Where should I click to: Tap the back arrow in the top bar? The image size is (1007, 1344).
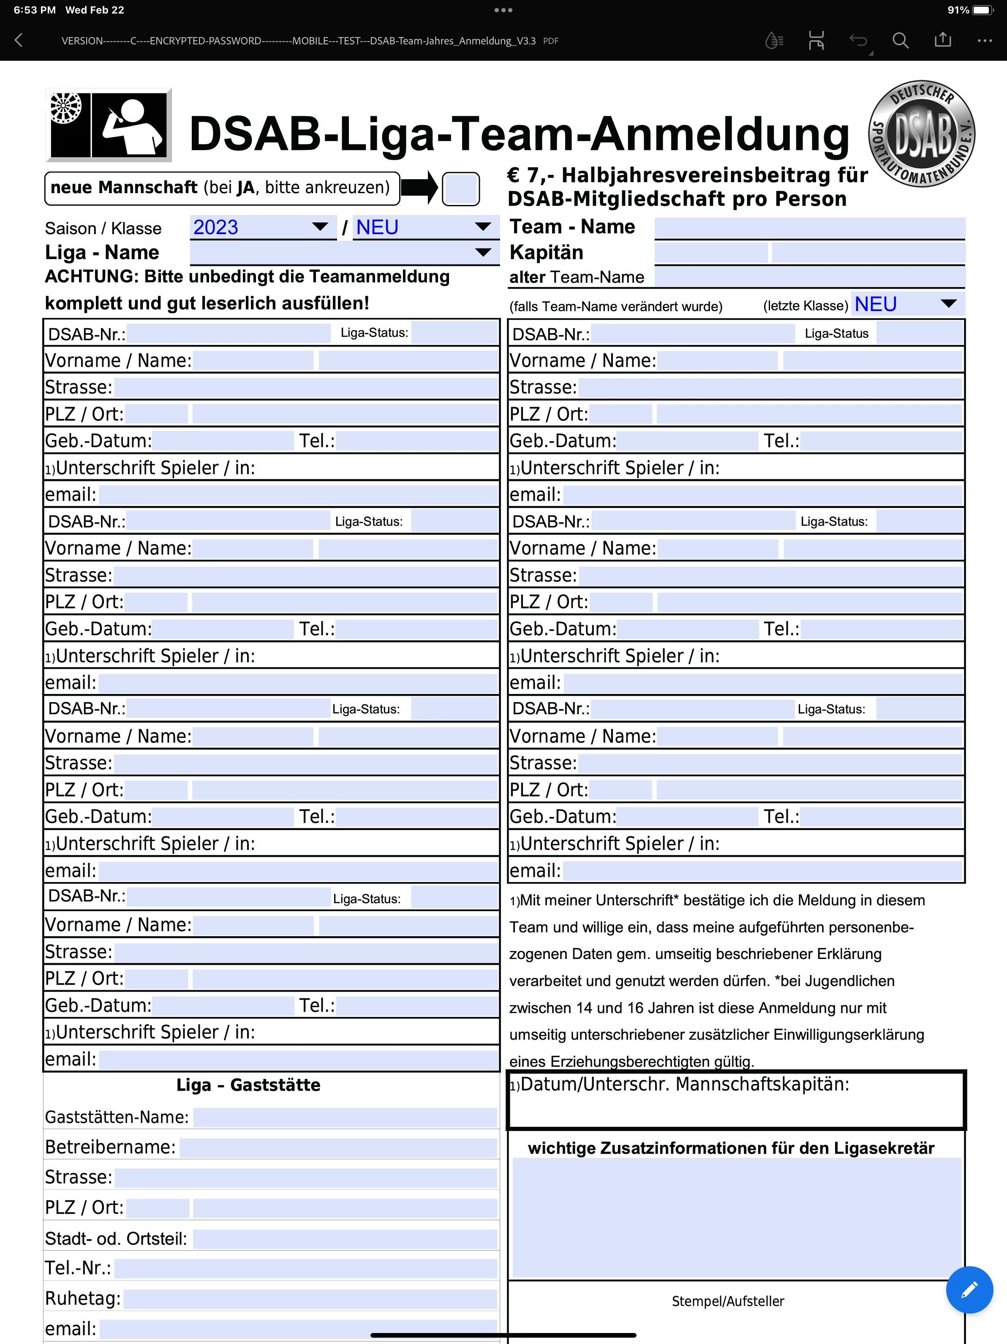click(19, 41)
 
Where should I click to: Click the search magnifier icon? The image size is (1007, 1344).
click(900, 41)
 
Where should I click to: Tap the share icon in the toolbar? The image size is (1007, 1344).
click(943, 41)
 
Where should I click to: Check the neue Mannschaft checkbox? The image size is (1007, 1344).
click(460, 188)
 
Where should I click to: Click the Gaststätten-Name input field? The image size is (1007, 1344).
click(345, 1117)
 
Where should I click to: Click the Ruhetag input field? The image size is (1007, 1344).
click(310, 1298)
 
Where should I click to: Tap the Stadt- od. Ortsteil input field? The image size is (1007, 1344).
click(345, 1238)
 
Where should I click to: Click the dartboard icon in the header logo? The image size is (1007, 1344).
click(65, 107)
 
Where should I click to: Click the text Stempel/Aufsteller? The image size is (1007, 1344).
click(728, 1301)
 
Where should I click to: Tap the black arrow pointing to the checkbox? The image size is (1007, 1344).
click(419, 188)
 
